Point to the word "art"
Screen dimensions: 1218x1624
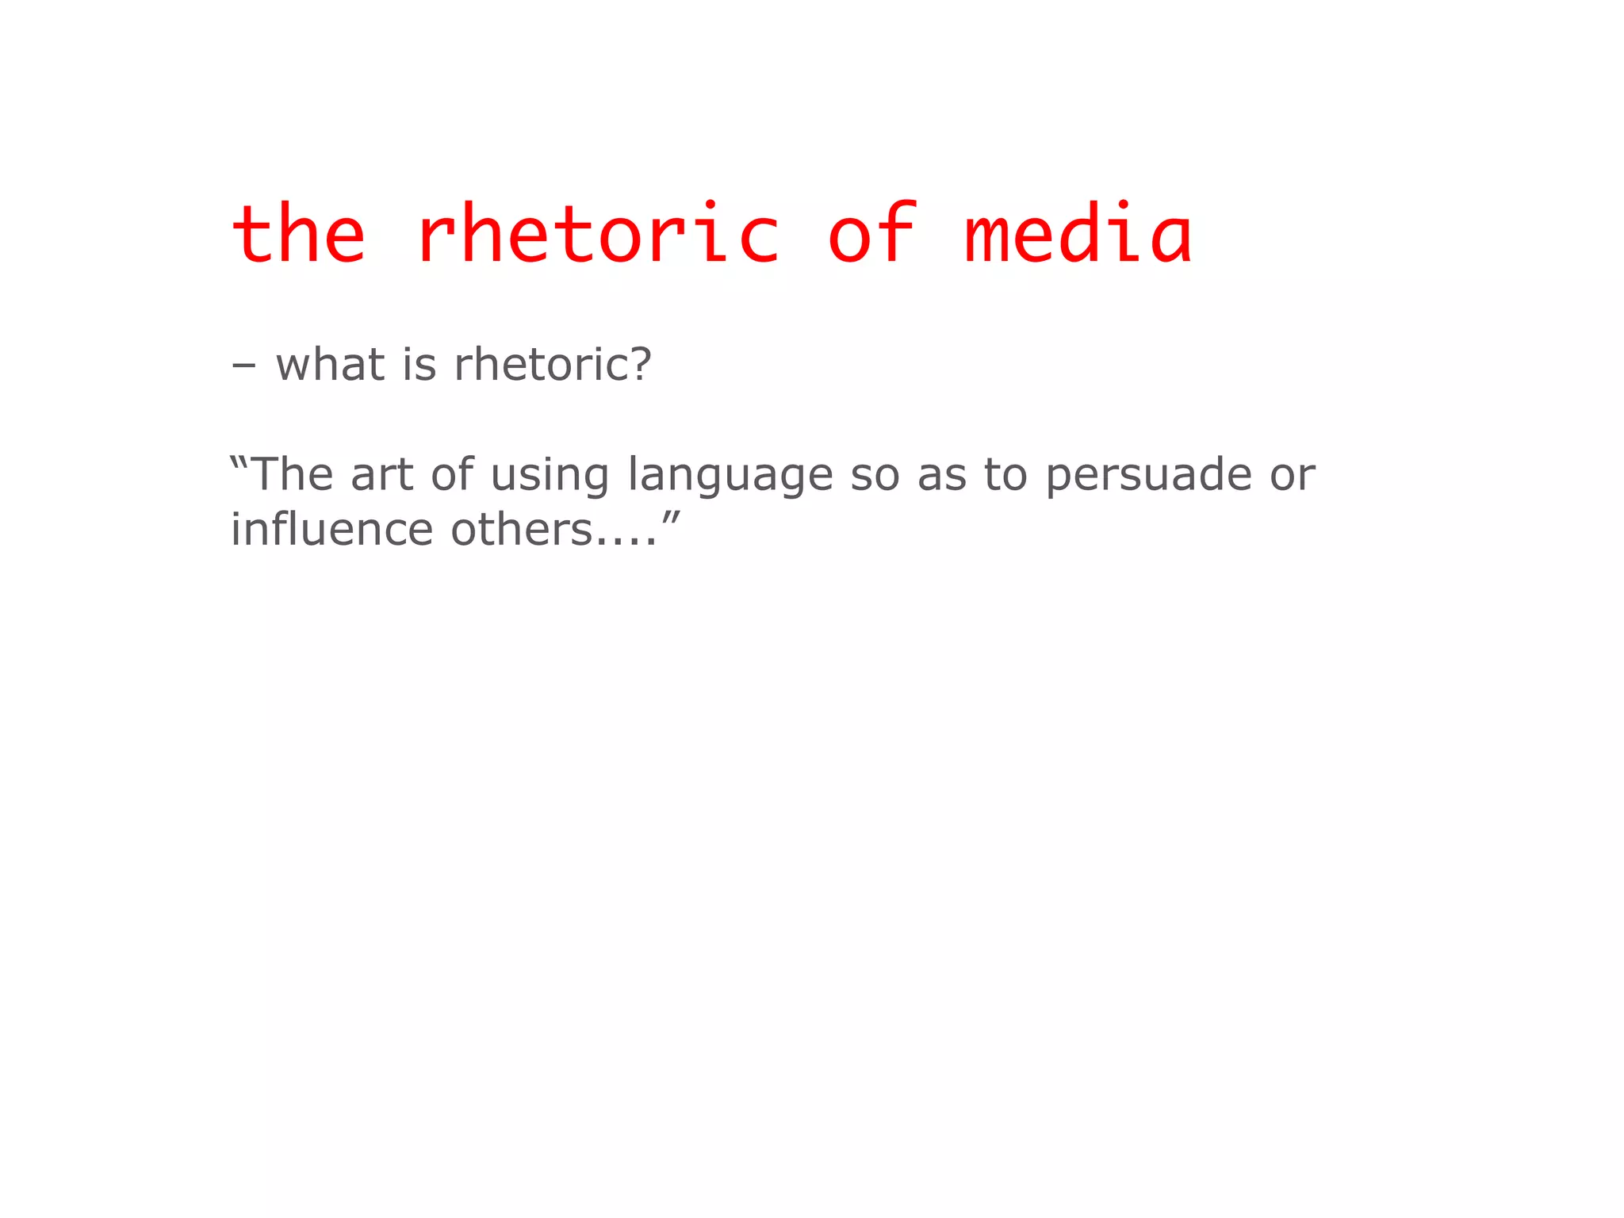coord(382,474)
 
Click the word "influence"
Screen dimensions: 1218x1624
coord(331,529)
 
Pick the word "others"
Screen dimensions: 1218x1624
coord(521,529)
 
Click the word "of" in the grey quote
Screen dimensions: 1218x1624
coord(452,474)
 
